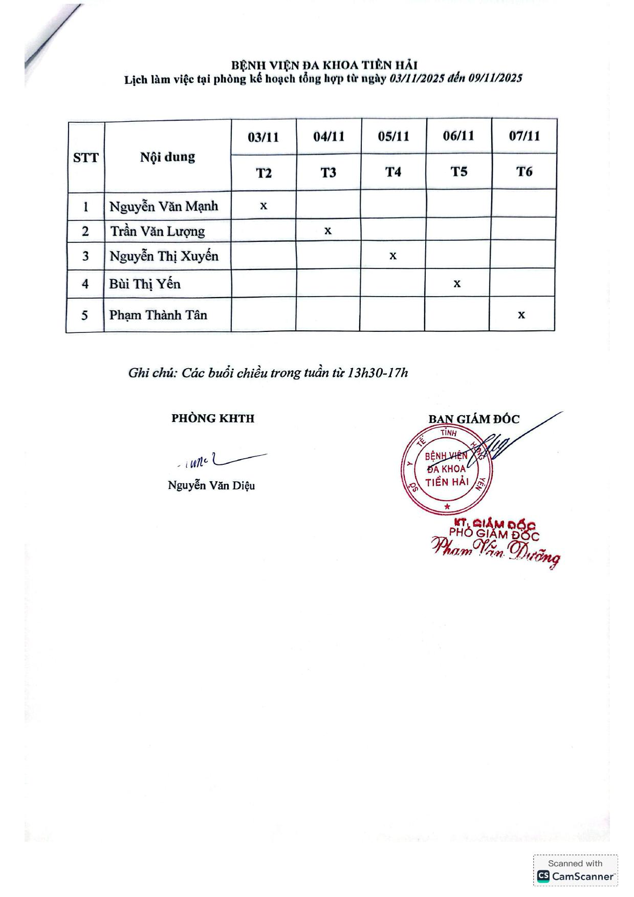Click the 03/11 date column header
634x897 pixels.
264,137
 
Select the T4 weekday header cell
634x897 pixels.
393,172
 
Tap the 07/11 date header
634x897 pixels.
524,136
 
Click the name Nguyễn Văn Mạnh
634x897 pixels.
164,206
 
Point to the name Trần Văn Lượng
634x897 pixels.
158,231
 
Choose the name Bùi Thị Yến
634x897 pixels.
145,284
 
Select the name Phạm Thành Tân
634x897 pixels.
158,315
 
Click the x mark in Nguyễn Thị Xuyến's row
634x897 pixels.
393,256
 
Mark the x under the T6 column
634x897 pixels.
521,315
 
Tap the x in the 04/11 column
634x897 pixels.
328,231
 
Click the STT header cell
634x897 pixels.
85,158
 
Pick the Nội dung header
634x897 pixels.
167,157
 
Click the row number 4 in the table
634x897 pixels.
85,284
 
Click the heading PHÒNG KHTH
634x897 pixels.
213,418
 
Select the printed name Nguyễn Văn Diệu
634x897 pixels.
211,485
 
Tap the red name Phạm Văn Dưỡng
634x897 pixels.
495,551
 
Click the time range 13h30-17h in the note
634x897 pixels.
378,373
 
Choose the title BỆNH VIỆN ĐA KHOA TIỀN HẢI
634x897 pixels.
324,65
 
